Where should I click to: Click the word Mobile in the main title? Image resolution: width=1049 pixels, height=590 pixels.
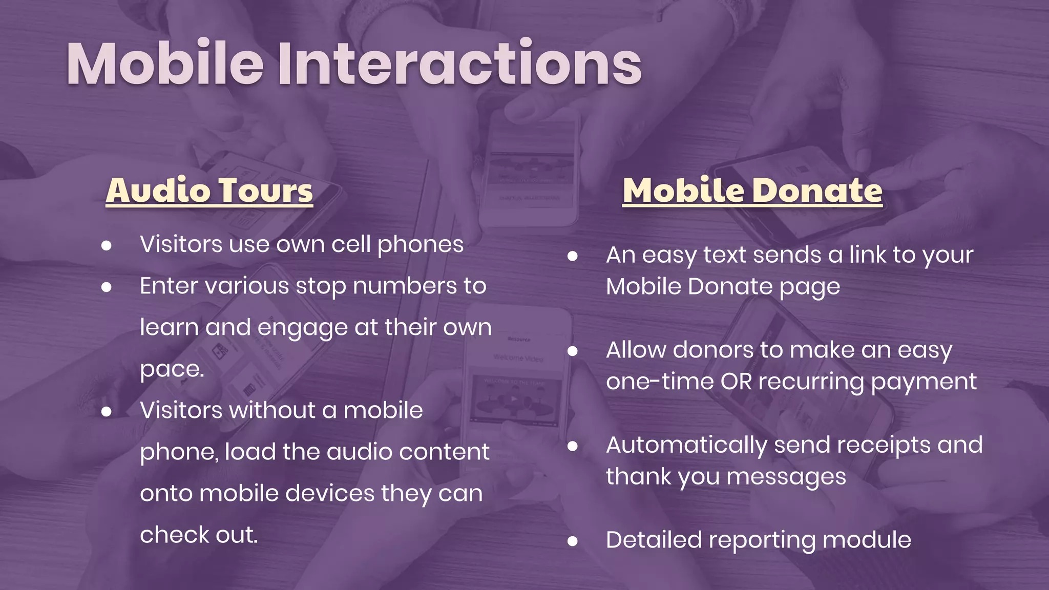(x=165, y=64)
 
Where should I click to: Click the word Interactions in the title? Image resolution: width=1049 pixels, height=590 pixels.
(x=459, y=64)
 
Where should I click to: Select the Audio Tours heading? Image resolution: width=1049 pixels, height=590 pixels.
(x=209, y=191)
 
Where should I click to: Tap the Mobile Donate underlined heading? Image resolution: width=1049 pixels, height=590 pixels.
(x=752, y=191)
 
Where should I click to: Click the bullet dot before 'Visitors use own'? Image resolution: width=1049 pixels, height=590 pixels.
(x=107, y=245)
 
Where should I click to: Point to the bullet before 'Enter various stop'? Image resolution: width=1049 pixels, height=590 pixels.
(x=107, y=287)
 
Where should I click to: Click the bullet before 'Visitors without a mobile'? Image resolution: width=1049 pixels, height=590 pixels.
(x=107, y=411)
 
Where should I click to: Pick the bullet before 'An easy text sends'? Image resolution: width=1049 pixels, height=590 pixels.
(x=573, y=256)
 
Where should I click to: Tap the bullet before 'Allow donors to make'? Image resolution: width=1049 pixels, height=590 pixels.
(x=573, y=351)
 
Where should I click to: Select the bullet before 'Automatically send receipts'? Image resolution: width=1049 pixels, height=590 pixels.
(x=573, y=446)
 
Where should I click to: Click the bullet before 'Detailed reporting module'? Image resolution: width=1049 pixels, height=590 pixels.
(x=573, y=541)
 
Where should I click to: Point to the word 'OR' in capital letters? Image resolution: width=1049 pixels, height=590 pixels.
(x=736, y=382)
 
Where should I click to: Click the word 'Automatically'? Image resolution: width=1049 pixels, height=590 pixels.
(x=686, y=445)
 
